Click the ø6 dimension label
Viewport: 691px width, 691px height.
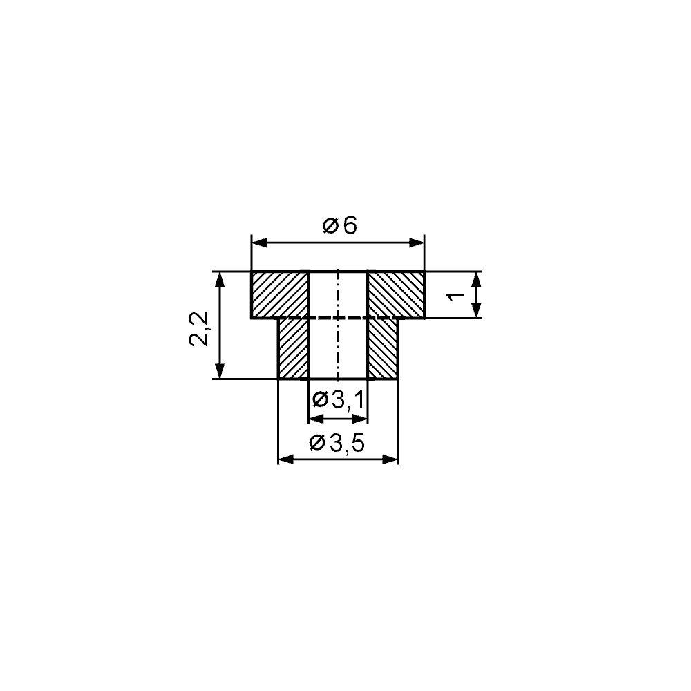click(339, 226)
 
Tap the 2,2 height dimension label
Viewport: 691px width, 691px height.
click(199, 329)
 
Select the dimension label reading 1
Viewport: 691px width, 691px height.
click(456, 295)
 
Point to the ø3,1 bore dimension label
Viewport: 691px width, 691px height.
click(339, 400)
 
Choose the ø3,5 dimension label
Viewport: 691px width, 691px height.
click(338, 443)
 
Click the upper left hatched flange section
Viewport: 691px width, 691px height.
click(279, 294)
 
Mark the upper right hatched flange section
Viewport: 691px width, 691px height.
click(396, 294)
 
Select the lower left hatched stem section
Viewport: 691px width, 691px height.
click(293, 348)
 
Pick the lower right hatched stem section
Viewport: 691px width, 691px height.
click(383, 348)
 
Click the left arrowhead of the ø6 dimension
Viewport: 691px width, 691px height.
click(259, 243)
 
